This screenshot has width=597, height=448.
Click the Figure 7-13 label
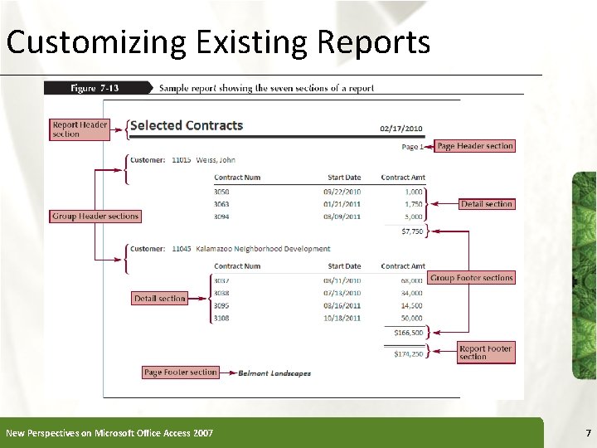95,87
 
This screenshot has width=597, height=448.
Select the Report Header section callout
80,129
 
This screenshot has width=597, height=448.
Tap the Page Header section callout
475,146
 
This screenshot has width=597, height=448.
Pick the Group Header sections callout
95,216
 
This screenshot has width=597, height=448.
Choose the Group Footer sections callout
472,278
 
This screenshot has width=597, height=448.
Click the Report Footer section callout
485,353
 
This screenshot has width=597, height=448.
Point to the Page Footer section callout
181,373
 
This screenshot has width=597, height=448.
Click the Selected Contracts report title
187,126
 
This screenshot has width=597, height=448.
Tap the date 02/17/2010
401,129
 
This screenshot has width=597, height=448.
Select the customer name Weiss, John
216,159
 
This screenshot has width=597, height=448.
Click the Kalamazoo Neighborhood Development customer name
263,249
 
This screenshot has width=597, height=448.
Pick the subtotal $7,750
411,231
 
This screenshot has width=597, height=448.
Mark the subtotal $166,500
408,333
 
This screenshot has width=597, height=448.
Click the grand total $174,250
408,353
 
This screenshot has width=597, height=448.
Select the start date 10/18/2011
342,318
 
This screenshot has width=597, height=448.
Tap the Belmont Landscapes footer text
274,373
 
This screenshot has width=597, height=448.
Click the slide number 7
588,433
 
